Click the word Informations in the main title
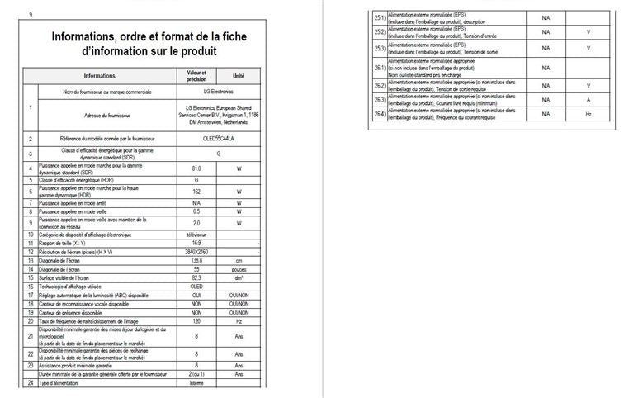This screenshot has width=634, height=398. tap(90, 37)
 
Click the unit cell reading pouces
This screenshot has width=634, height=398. tap(239, 269)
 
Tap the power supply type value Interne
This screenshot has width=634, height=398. tap(196, 383)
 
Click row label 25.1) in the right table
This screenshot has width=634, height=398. tap(380, 17)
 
